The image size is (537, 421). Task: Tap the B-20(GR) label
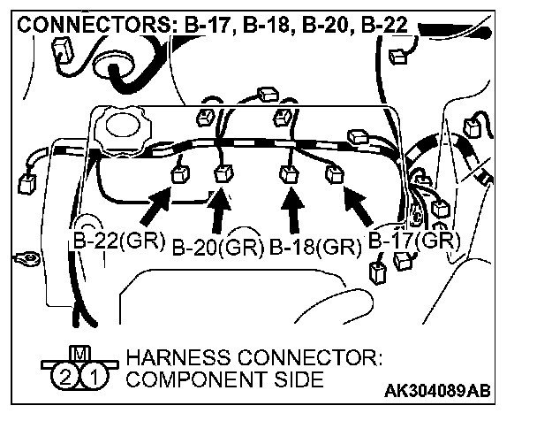pos(216,247)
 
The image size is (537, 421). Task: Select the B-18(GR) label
pos(314,247)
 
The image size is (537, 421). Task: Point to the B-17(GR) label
pos(413,240)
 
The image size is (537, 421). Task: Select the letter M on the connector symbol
pos(80,354)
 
